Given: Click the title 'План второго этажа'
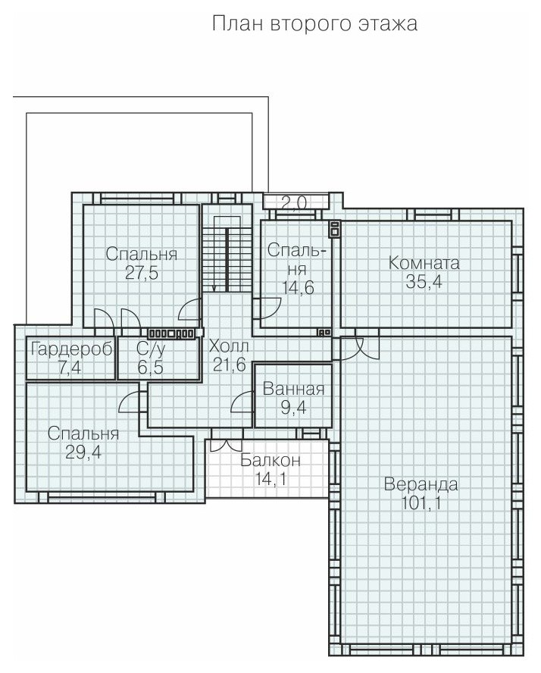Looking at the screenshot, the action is [x=314, y=23].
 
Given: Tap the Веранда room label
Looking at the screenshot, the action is [x=421, y=484].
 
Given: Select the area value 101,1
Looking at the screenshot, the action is [x=421, y=502].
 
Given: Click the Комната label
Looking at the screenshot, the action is [x=424, y=263].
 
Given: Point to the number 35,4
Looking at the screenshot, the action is [x=424, y=282].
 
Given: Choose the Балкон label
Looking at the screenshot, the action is [x=270, y=460].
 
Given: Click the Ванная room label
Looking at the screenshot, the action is [x=293, y=389].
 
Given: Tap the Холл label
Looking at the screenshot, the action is [x=229, y=346].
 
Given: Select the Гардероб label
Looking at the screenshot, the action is [x=72, y=349].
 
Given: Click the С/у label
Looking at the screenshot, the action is [x=151, y=349].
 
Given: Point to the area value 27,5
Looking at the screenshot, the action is [x=142, y=273].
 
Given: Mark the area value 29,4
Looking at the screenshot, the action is [x=83, y=452].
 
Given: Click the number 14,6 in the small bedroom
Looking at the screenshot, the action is [x=298, y=287].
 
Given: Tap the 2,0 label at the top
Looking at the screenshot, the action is [x=294, y=202].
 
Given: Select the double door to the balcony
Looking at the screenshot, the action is [x=224, y=445].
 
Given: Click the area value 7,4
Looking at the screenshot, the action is [x=70, y=368].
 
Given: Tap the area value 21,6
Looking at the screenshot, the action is [x=229, y=365].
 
